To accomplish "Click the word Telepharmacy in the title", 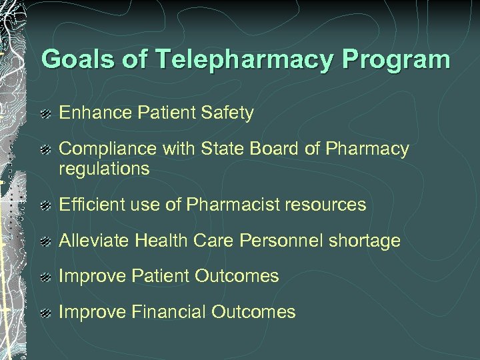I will pyautogui.click(x=247, y=60).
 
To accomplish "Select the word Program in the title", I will pyautogui.click(x=397, y=60).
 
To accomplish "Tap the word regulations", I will pyautogui.click(x=104, y=169).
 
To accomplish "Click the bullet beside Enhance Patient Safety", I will pyautogui.click(x=46, y=114).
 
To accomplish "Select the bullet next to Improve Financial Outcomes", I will pyautogui.click(x=46, y=313).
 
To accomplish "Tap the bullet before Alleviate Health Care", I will pyautogui.click(x=46, y=241).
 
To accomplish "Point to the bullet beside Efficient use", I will pyautogui.click(x=46, y=205).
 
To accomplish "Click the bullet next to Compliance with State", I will pyautogui.click(x=46, y=149).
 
